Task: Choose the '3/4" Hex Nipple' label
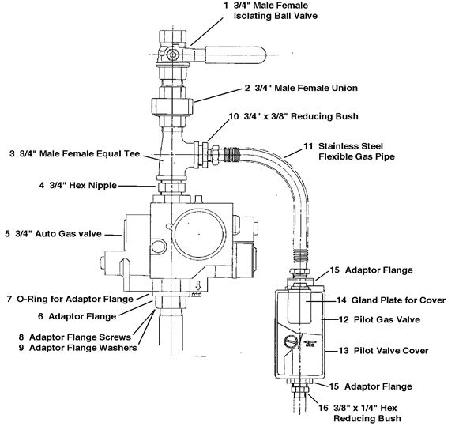tap(77, 186)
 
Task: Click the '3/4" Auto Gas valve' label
tap(62, 234)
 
